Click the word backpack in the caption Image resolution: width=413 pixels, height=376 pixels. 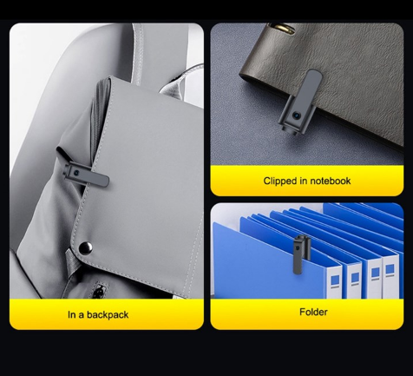tap(108, 315)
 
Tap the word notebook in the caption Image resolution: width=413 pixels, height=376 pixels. tap(331, 181)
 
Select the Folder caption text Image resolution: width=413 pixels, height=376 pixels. tap(313, 312)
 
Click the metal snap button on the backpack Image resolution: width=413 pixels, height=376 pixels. tap(86, 247)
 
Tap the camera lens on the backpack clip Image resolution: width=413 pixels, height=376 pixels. tap(76, 173)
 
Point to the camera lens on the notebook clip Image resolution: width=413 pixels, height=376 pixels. tap(296, 115)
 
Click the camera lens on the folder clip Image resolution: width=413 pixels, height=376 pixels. tap(297, 247)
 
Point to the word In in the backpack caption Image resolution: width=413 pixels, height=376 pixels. tap(71, 314)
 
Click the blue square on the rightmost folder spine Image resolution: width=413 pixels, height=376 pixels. tap(390, 269)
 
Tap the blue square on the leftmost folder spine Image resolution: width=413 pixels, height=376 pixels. tap(335, 280)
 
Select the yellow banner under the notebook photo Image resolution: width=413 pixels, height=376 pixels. tap(307, 181)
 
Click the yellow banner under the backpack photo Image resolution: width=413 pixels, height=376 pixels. tap(107, 314)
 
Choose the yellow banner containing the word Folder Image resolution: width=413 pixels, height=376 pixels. tap(307, 314)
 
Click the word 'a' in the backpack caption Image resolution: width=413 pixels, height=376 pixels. tap(81, 315)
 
